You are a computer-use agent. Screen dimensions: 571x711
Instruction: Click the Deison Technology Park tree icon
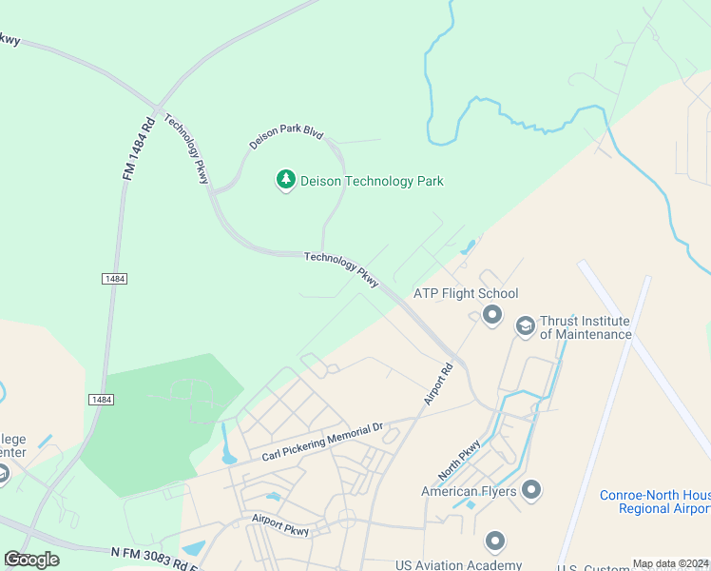pos(285,180)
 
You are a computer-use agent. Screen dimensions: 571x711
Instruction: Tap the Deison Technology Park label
pos(372,181)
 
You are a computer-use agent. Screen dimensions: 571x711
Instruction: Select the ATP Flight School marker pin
pos(491,314)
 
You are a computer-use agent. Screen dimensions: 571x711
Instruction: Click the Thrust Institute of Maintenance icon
pos(525,326)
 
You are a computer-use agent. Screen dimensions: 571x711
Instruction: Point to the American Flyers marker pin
pos(531,491)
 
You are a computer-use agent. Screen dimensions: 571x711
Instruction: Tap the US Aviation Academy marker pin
pos(494,541)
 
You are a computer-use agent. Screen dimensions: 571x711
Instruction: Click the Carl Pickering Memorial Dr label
pos(321,444)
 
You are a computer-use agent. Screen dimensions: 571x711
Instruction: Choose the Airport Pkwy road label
pos(281,521)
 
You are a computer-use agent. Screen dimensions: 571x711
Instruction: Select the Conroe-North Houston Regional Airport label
pos(654,502)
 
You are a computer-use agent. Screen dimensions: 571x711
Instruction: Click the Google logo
pos(31,560)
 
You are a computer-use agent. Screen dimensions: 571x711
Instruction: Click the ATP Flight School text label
pos(466,294)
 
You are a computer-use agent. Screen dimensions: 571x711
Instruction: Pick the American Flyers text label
pos(469,492)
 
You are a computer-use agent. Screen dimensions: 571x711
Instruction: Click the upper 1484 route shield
pos(113,278)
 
